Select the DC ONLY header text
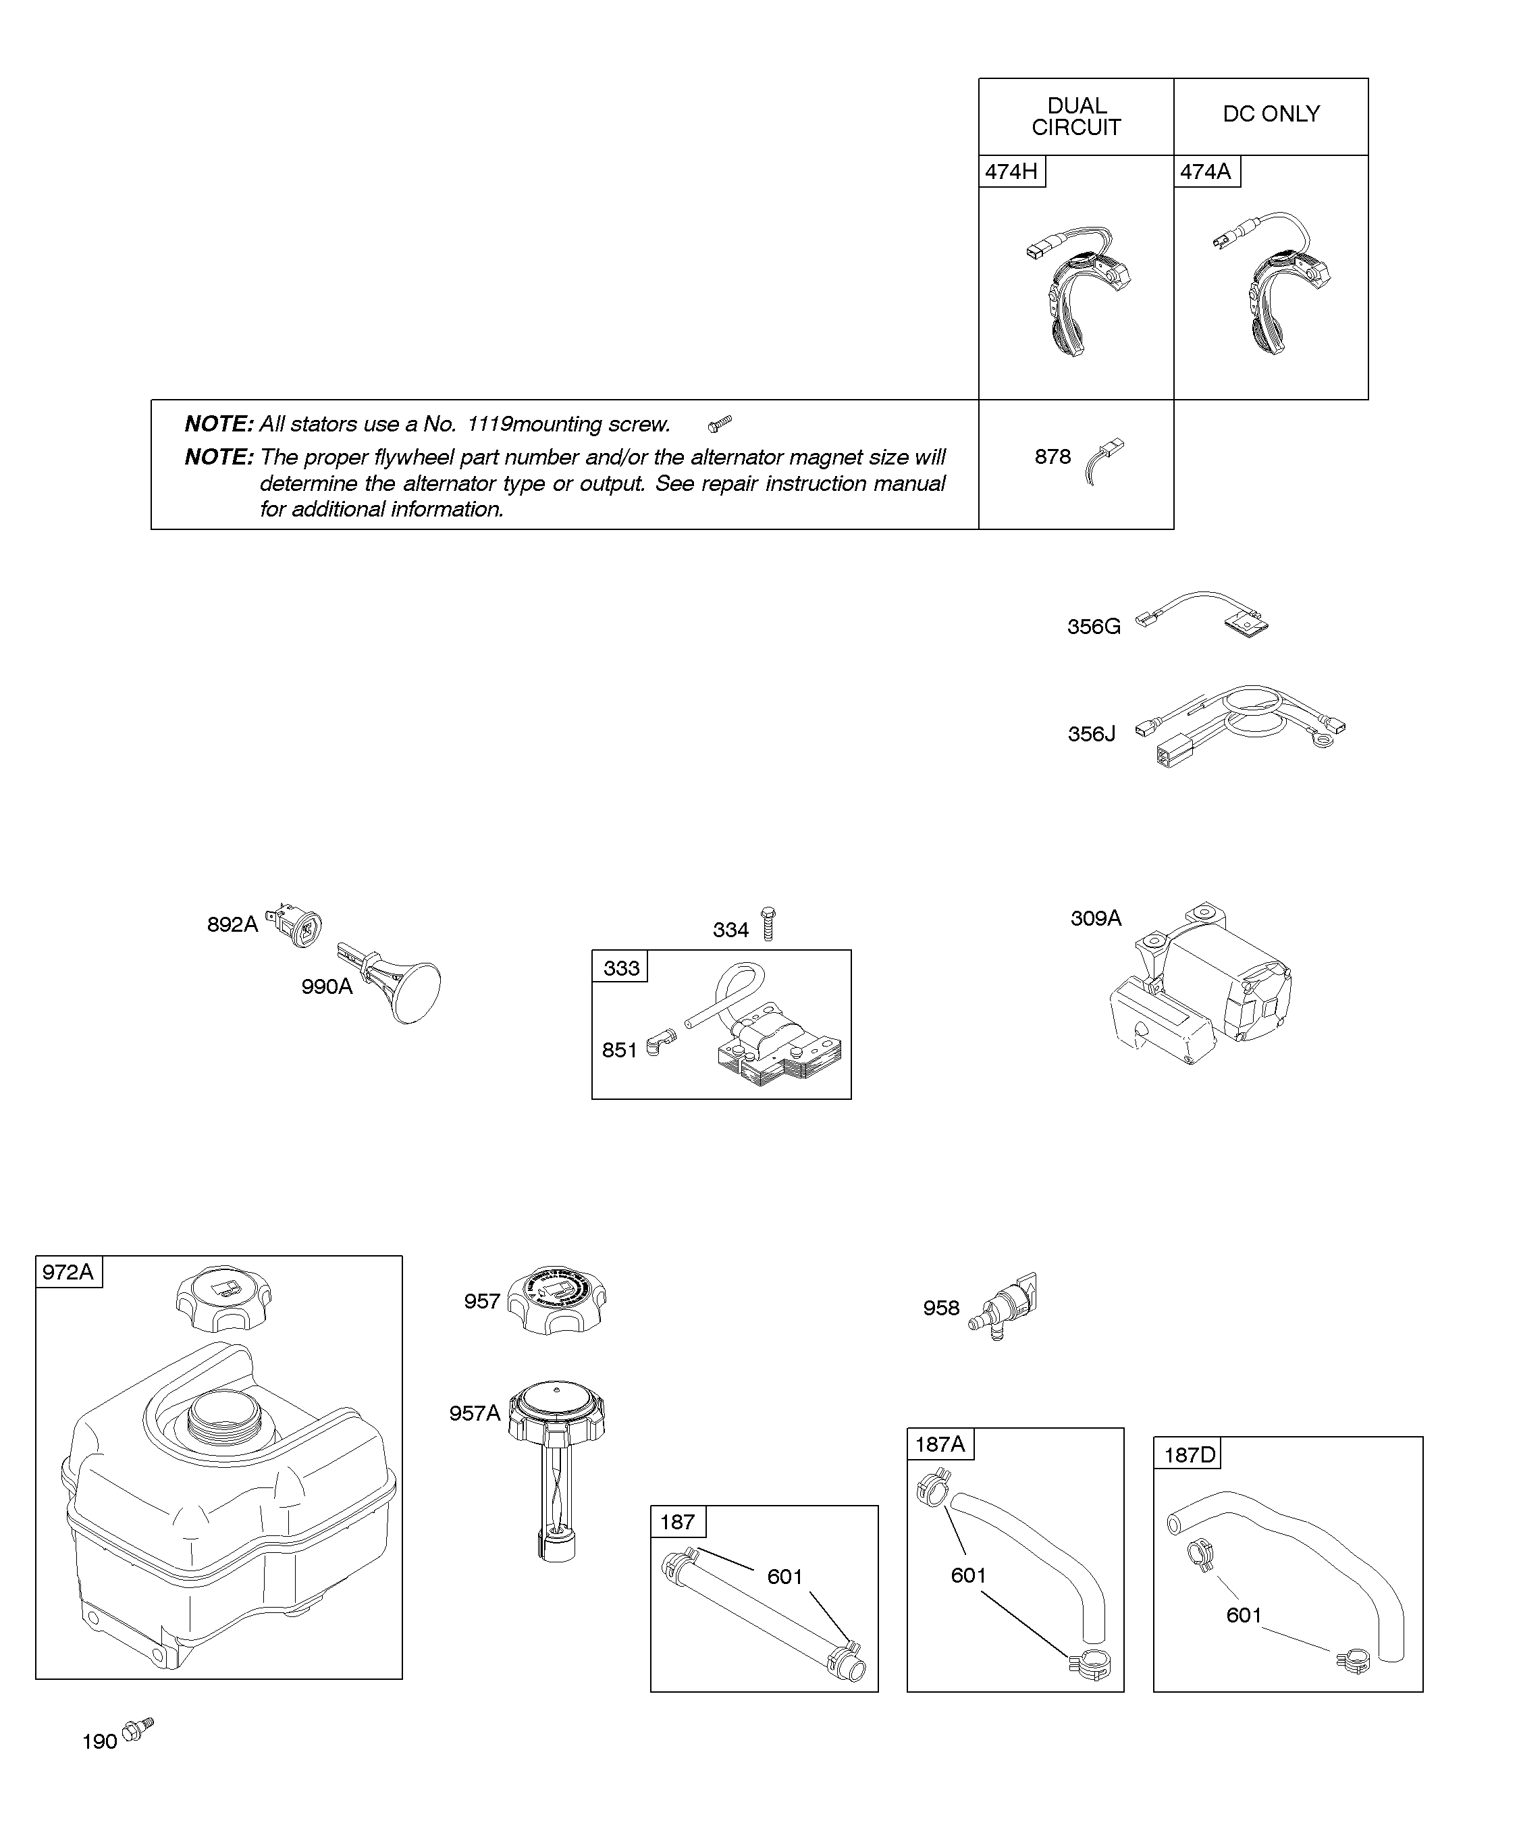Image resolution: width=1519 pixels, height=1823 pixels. (x=1271, y=113)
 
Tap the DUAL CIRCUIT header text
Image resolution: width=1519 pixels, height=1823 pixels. (x=1076, y=116)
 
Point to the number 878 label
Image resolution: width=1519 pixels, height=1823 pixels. (x=1052, y=456)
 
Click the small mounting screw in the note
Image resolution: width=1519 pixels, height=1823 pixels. (x=720, y=423)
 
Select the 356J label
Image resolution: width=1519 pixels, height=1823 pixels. (x=1091, y=735)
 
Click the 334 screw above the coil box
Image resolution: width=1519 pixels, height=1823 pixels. (x=768, y=924)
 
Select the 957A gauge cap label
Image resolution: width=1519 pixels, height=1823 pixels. (x=474, y=1413)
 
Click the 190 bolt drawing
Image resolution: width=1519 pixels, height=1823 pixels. (x=137, y=1728)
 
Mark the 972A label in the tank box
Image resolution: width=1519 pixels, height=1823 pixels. (x=68, y=1273)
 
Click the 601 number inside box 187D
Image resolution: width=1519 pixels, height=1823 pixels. (x=1243, y=1614)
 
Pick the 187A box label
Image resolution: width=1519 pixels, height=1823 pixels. (x=940, y=1444)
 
